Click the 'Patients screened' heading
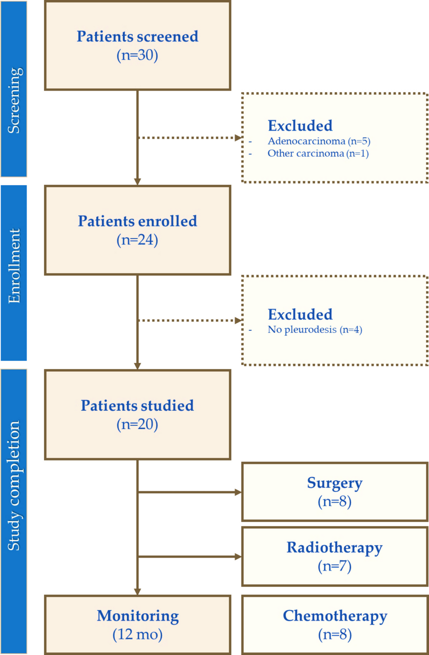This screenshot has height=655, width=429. pyautogui.click(x=137, y=36)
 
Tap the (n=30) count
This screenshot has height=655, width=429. pyautogui.click(x=137, y=55)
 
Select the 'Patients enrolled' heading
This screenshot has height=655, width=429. pyautogui.click(x=137, y=221)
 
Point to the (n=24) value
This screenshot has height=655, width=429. pyautogui.click(x=137, y=240)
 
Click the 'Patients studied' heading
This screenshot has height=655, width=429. pyautogui.click(x=137, y=405)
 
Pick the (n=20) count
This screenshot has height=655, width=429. pyautogui.click(x=137, y=424)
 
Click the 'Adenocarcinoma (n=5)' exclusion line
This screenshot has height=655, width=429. pyautogui.click(x=319, y=141)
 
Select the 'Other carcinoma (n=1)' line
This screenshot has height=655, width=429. pyautogui.click(x=318, y=153)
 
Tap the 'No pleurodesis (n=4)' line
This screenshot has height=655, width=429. pyautogui.click(x=315, y=329)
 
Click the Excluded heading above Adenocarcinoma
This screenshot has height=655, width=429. pyautogui.click(x=300, y=126)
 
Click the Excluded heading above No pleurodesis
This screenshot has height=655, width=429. pyautogui.click(x=300, y=314)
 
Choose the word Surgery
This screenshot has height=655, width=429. pyautogui.click(x=335, y=483)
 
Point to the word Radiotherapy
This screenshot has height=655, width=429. pyautogui.click(x=335, y=547)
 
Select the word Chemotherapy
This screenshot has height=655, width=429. pyautogui.click(x=335, y=616)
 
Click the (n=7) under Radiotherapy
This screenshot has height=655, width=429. pyautogui.click(x=335, y=566)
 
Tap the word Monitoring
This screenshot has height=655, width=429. pyautogui.click(x=138, y=616)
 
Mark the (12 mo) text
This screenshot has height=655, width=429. pyautogui.click(x=137, y=634)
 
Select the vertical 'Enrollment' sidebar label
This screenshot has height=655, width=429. pyautogui.click(x=14, y=266)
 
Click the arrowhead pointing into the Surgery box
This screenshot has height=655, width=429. pyautogui.click(x=238, y=492)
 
